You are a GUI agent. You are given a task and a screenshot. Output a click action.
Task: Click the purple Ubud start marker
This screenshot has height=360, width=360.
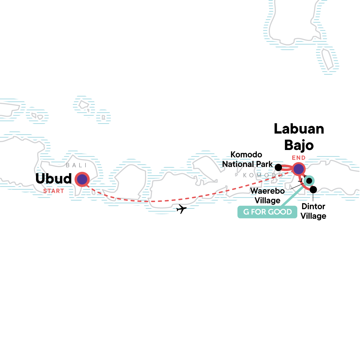coord(82,179)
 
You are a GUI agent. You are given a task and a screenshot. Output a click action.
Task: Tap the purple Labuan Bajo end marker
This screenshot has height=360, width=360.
coord(298,169)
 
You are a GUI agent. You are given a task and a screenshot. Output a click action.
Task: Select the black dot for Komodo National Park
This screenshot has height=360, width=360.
coord(278,167)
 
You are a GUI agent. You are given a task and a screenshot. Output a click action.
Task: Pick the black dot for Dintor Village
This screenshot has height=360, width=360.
coord(313,190)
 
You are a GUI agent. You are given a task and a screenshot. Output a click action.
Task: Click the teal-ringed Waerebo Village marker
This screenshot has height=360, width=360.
coord(308,181)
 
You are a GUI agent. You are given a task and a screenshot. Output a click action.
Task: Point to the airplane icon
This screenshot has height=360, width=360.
coord(181,208)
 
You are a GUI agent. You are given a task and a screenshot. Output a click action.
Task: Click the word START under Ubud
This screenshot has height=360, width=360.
coord(54,191)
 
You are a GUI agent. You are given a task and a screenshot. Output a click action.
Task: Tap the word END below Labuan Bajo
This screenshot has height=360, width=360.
coord(299,158)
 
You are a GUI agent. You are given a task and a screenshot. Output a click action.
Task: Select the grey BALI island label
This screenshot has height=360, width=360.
coord(76,165)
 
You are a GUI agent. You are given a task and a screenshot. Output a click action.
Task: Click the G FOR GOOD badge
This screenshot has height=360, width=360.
coord(267,212)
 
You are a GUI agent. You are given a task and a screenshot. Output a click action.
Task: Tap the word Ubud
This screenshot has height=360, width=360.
coord(54,179)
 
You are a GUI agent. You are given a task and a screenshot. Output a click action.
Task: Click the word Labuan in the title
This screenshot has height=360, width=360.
coord(299,129)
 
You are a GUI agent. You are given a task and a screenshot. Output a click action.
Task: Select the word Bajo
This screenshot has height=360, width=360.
coord(299,145)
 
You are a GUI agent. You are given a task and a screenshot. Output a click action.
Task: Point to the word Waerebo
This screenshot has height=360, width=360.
coord(267,191)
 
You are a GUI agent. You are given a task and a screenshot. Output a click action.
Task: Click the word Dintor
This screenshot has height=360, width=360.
coord(313,206)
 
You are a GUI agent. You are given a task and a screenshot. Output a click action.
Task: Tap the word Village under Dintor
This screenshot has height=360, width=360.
coord(313,216)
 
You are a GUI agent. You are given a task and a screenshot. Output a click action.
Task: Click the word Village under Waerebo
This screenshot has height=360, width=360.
coord(268,200)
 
